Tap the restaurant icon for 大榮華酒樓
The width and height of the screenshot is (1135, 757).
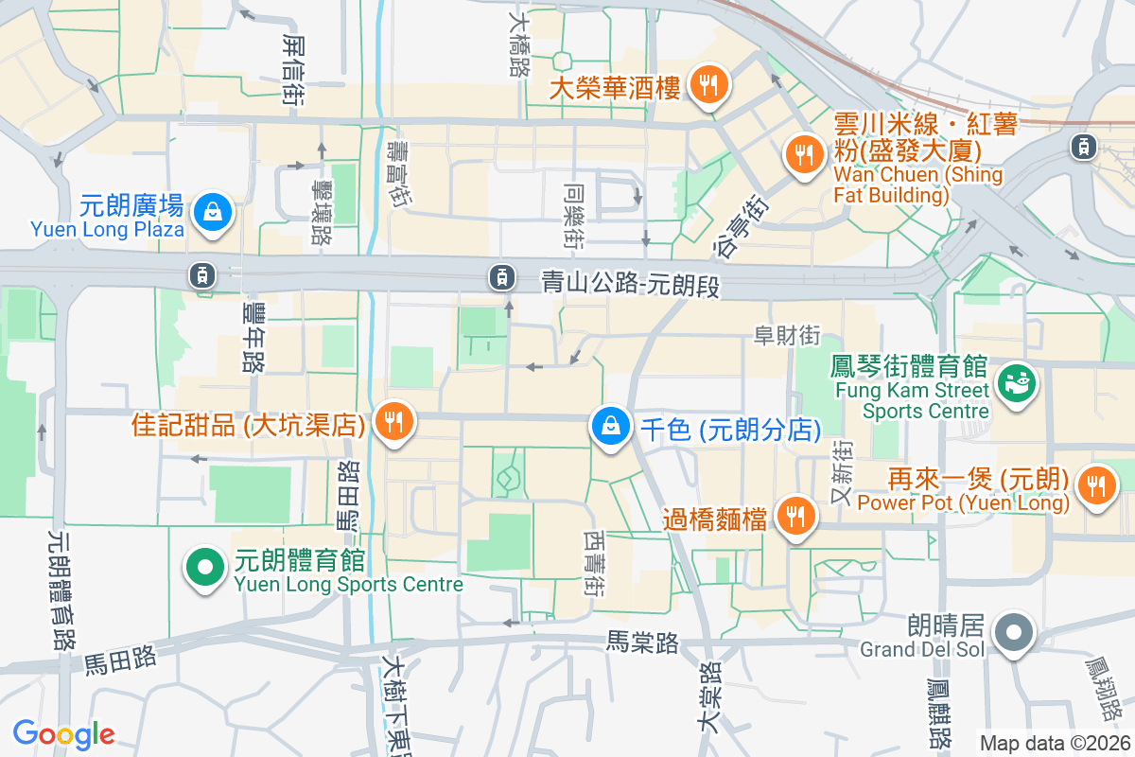point(706,83)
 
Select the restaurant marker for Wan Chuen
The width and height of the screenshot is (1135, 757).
point(804,154)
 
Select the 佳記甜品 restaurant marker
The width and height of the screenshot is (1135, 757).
point(393,420)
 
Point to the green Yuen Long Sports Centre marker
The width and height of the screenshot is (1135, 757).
point(203,567)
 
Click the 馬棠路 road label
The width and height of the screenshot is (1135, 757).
point(642,643)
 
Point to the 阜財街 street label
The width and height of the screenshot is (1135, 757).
point(786,336)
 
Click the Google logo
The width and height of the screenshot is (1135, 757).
point(63,733)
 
